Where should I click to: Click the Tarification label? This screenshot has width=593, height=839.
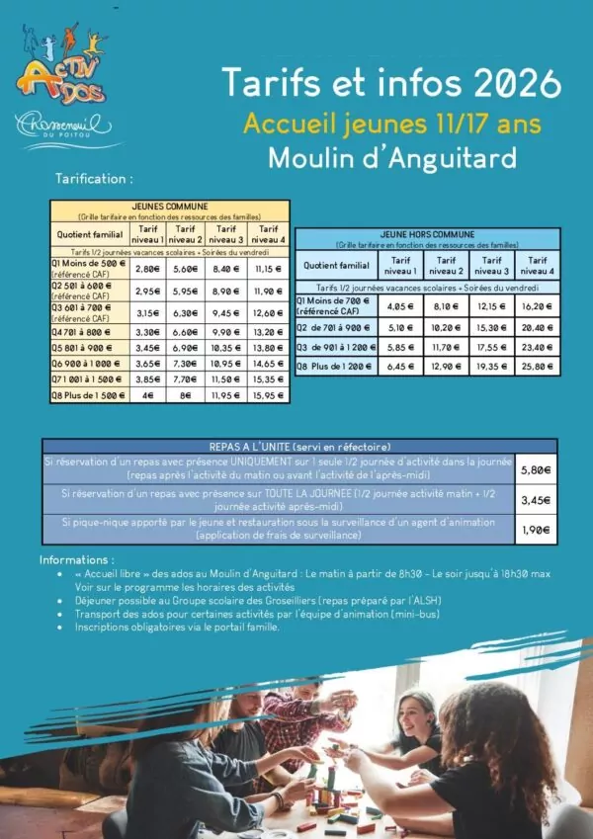pyautogui.click(x=95, y=179)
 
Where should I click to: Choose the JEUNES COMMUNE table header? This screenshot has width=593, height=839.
pyautogui.click(x=170, y=206)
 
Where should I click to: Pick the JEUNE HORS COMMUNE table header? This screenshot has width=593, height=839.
pyautogui.click(x=426, y=235)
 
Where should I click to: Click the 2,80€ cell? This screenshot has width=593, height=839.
pyautogui.click(x=147, y=269)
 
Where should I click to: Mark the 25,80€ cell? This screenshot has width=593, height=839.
pyautogui.click(x=535, y=367)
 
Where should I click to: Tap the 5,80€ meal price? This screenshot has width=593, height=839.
pyautogui.click(x=535, y=471)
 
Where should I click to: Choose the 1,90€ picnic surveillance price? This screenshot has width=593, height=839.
pyautogui.click(x=535, y=530)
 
